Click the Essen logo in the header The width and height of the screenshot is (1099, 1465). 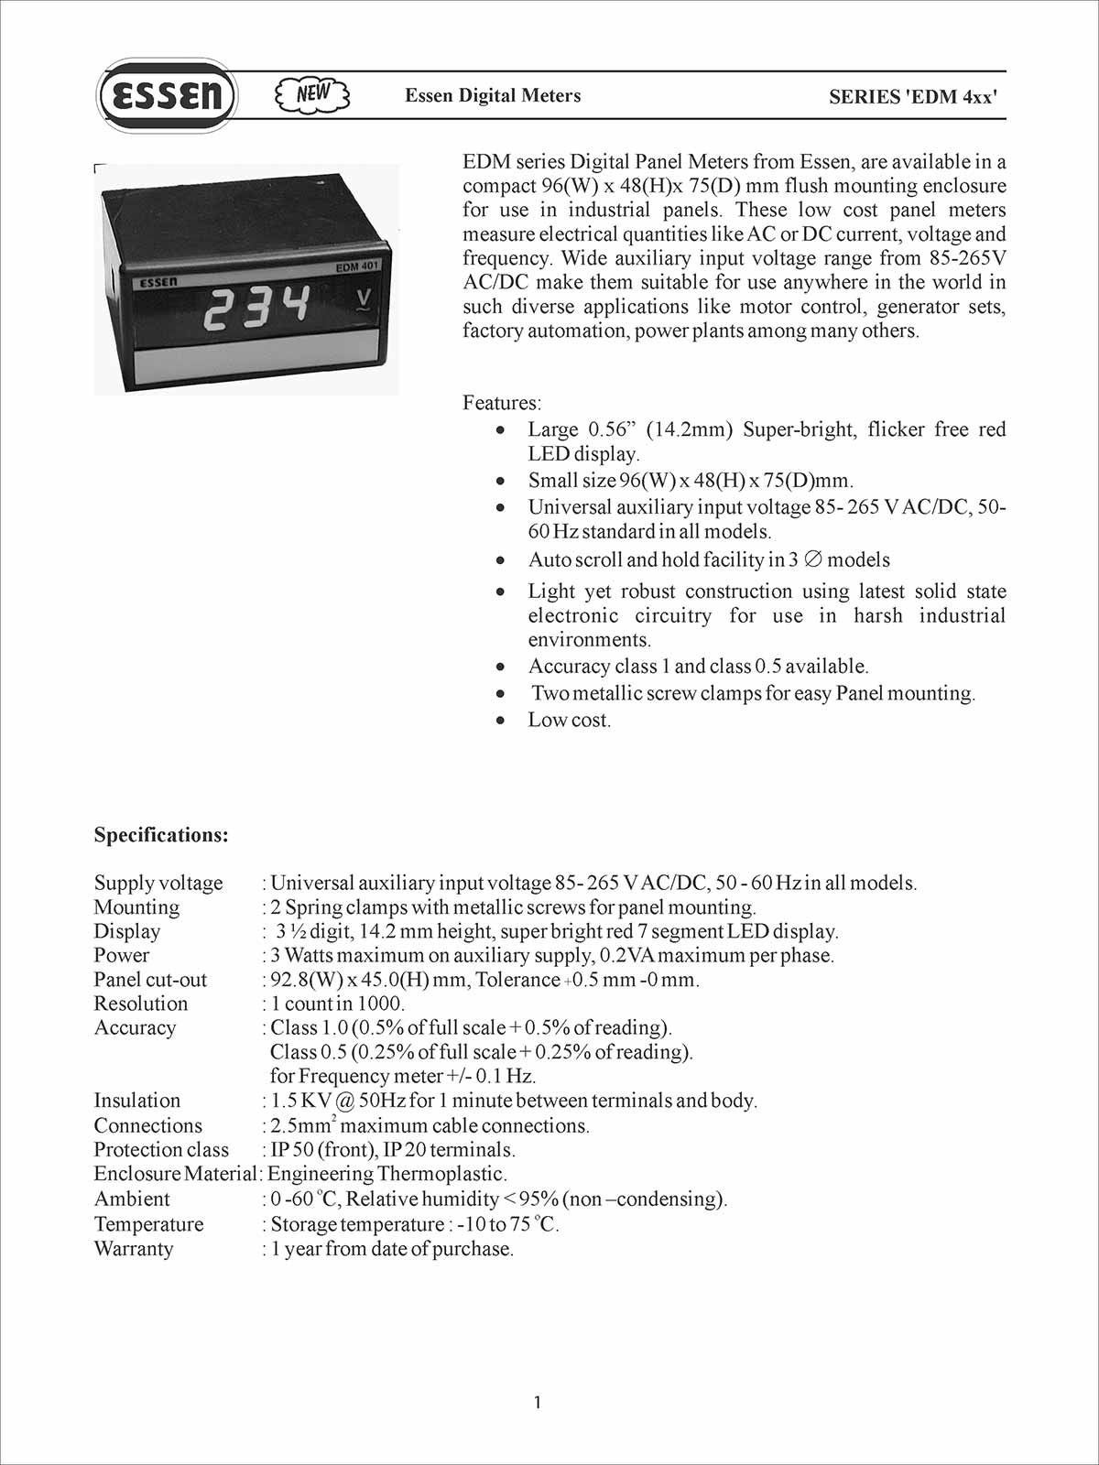[x=166, y=95]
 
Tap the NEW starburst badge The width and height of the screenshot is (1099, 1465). [x=312, y=94]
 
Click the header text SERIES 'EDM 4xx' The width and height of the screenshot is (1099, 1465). [x=912, y=96]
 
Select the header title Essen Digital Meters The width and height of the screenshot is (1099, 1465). [x=493, y=95]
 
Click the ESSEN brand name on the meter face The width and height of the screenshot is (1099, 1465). [x=158, y=283]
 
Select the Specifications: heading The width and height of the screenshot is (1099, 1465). [x=161, y=835]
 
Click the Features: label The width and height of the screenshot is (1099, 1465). [x=502, y=403]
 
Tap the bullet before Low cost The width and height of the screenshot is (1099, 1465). [x=500, y=721]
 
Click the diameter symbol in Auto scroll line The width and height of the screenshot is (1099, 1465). [x=812, y=559]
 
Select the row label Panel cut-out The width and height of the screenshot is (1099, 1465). [x=150, y=980]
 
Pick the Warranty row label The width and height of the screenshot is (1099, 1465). [x=133, y=1249]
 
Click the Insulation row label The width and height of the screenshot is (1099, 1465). [x=137, y=1101]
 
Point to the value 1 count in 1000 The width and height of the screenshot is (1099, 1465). [x=337, y=1004]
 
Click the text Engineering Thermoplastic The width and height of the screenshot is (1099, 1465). [x=386, y=1174]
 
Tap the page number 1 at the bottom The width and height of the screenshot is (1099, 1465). [x=538, y=1403]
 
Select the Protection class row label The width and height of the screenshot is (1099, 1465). [x=161, y=1150]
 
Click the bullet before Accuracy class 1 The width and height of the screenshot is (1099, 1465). [x=500, y=667]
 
